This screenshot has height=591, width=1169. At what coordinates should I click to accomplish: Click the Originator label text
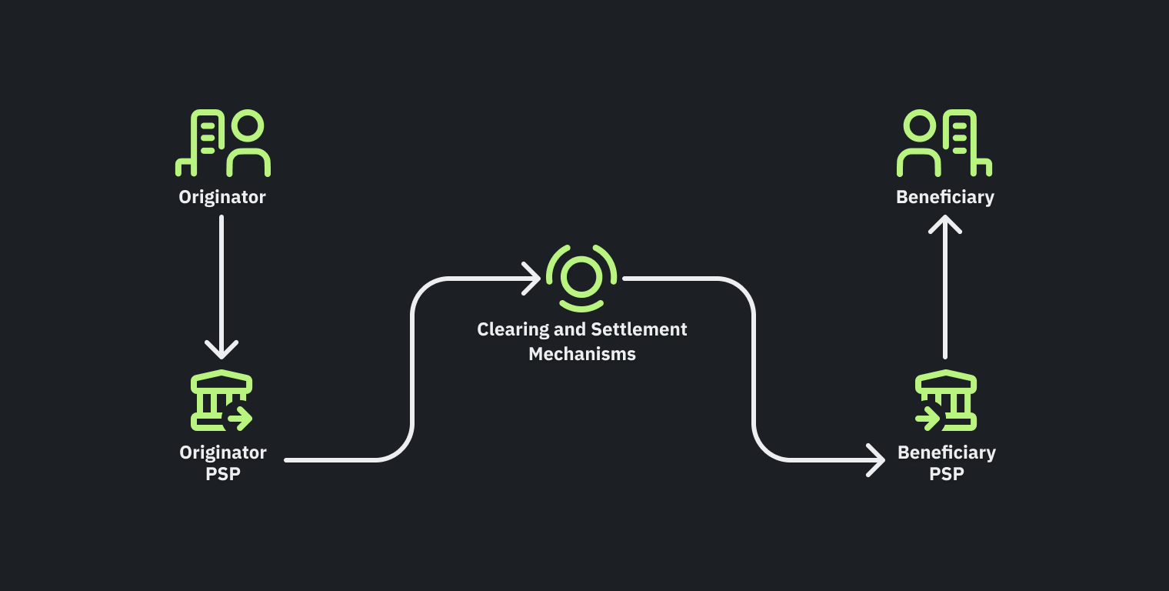[222, 197]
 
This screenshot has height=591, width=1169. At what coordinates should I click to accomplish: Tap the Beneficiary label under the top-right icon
[945, 197]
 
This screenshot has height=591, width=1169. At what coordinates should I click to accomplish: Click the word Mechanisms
[582, 354]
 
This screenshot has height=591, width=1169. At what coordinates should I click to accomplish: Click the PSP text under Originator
[223, 474]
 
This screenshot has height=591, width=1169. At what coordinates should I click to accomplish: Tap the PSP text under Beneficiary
[946, 474]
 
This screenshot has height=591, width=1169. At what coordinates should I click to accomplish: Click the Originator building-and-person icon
[222, 144]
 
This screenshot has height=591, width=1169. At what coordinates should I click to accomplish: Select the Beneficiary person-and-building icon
[945, 144]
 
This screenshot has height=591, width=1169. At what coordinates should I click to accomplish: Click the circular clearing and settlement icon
[581, 278]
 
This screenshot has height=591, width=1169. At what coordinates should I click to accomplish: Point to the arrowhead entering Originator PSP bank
[221, 350]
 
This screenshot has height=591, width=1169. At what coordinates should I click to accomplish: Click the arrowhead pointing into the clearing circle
[532, 278]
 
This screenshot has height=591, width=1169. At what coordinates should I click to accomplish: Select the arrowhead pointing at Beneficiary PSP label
[877, 460]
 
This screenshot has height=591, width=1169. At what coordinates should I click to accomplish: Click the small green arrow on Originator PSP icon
[240, 419]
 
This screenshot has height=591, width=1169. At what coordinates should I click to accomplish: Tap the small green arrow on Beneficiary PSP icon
[928, 419]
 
